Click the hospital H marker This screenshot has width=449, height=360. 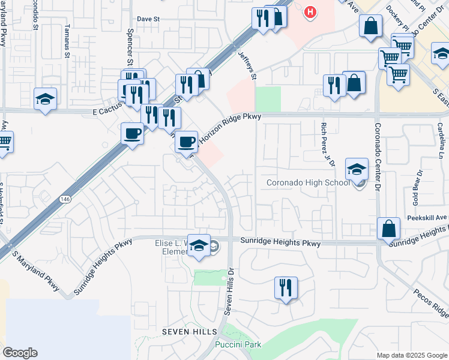pos(310,11)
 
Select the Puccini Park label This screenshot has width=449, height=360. pos(238,345)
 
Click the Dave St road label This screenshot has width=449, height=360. pos(147,19)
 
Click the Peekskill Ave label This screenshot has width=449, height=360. pos(429,217)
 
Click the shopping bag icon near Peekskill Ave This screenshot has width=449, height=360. pos(388,228)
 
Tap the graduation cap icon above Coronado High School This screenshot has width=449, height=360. pos(357,169)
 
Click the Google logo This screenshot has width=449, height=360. pos(20,353)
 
